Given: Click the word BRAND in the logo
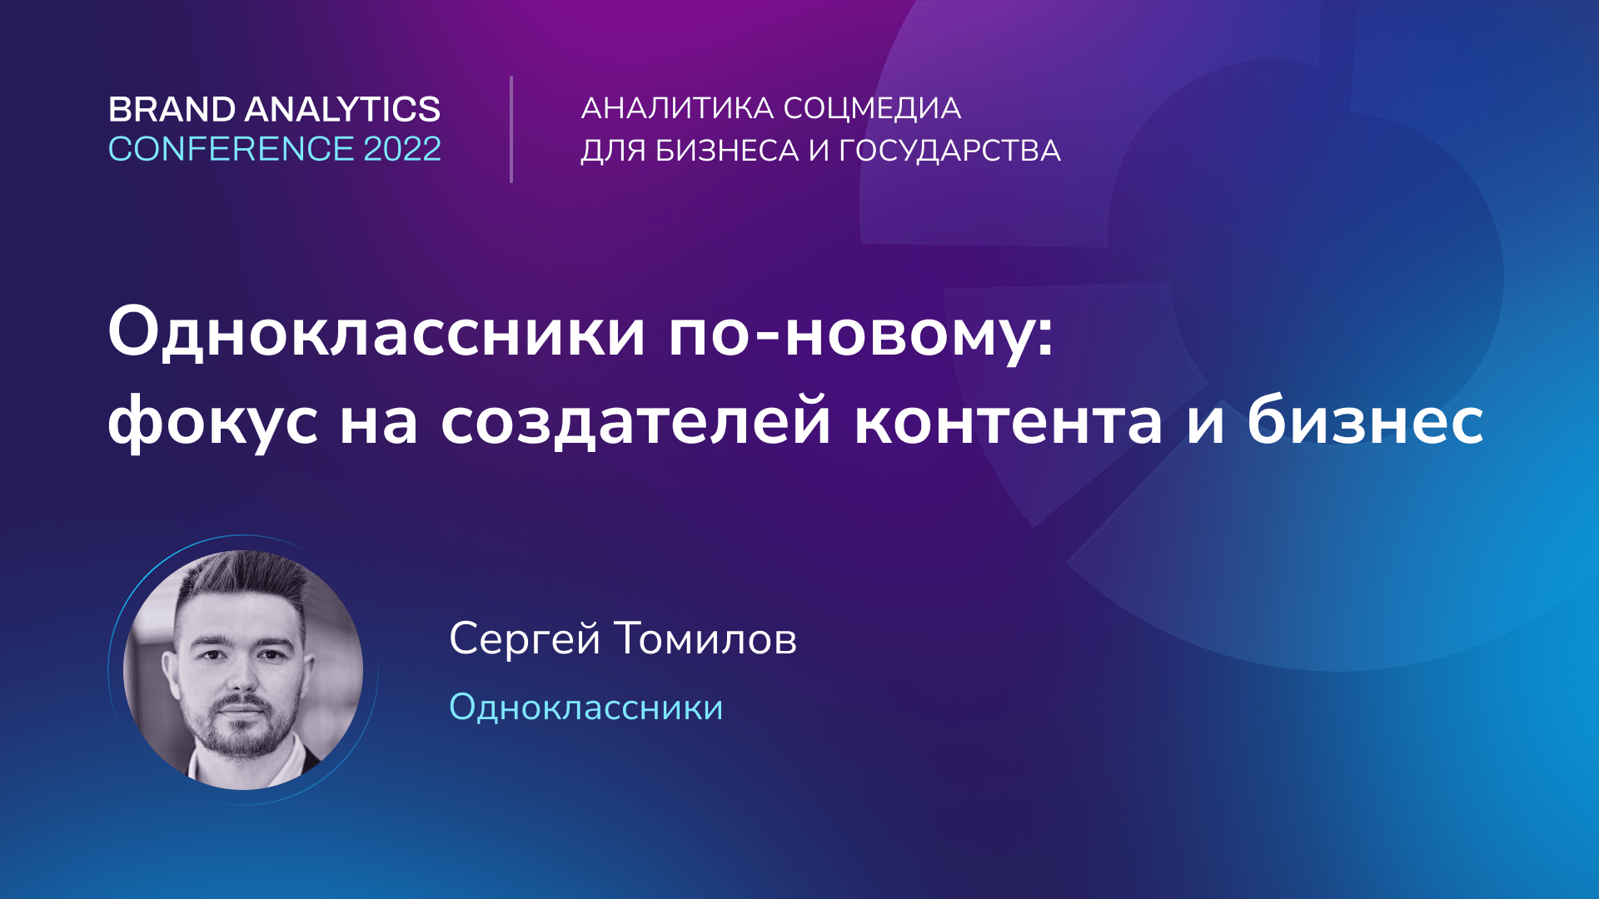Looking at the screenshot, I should pos(172,110).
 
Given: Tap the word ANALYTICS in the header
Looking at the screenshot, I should pos(342,110).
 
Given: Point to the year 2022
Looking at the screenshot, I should pos(402,150).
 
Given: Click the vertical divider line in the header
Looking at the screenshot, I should pos(511,129).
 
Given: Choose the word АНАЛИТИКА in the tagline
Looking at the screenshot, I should pos(677,109).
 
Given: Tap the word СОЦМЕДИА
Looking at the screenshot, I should pos(872,109).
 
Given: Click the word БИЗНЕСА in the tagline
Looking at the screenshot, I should pos(726,151).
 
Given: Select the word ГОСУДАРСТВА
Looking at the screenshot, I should pos(949,151).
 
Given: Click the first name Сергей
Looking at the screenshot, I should pos(525,639).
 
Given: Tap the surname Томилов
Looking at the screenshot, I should pos(705,639).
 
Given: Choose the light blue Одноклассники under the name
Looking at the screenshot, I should pos(586,708).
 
